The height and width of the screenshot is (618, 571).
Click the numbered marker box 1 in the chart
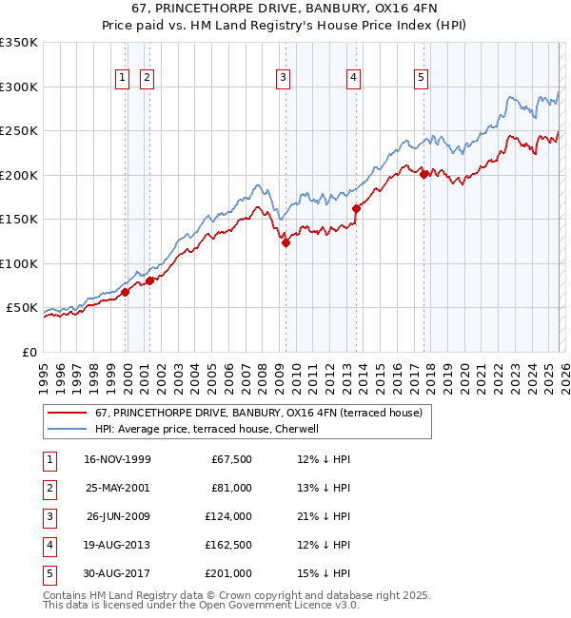pos(124,79)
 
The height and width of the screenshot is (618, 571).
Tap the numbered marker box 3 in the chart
pos(284,79)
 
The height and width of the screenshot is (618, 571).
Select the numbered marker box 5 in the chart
pos(421,79)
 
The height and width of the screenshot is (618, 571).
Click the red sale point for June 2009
pos(285,243)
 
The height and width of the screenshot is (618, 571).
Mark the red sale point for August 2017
pos(423,174)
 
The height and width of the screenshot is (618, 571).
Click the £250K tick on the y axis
pos(19,131)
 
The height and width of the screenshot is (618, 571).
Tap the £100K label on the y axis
pos(19,263)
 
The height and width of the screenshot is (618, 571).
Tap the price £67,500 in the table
pos(229,459)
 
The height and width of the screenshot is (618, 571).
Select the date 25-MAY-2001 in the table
pos(117,488)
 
